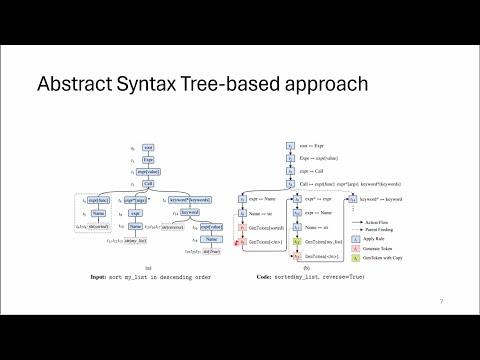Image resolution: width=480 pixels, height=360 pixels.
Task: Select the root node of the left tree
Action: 147,148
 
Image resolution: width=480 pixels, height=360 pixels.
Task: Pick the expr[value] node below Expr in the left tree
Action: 147,172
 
